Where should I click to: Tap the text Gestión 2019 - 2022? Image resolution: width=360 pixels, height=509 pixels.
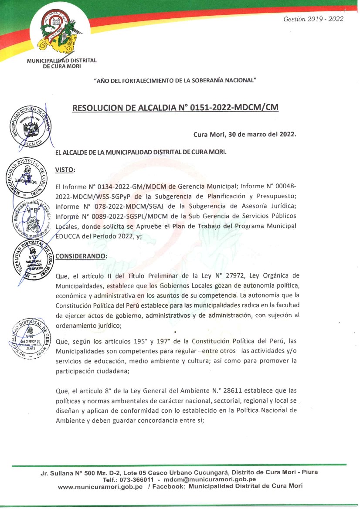tap(313, 19)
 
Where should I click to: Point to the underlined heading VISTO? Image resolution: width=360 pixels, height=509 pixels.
tap(65, 169)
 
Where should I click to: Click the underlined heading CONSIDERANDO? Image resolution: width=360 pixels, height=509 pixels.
tap(81, 256)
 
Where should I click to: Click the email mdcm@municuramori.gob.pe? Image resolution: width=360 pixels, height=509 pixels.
tap(210, 479)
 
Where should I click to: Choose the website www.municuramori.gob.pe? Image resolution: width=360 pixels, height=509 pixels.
tap(100, 486)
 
